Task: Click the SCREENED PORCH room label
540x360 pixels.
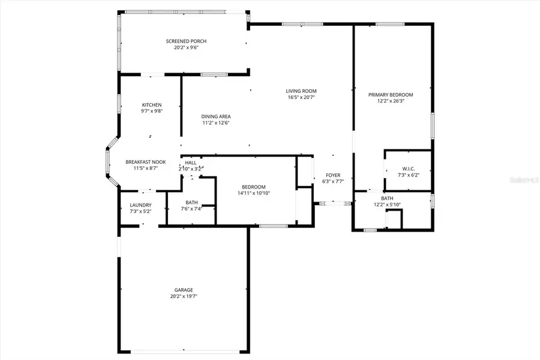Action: [182, 41]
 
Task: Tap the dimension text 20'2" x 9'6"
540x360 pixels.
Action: [182, 48]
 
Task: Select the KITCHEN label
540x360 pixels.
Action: [152, 105]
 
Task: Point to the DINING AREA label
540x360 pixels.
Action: [216, 116]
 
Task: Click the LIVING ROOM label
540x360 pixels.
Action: [301, 91]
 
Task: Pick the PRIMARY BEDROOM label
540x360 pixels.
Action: [391, 94]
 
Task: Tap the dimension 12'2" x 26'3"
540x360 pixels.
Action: [391, 101]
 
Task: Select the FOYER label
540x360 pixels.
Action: [332, 175]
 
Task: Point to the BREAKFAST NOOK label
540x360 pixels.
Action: [145, 162]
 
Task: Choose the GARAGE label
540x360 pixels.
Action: [184, 290]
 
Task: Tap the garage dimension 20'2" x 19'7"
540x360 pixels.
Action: [184, 296]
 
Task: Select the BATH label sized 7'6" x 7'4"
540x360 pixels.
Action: [192, 202]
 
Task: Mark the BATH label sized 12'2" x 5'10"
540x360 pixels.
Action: [387, 198]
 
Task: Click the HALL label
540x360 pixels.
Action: [191, 163]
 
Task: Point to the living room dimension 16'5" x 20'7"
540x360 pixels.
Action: [301, 97]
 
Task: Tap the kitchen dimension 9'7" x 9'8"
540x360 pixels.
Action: [152, 112]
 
